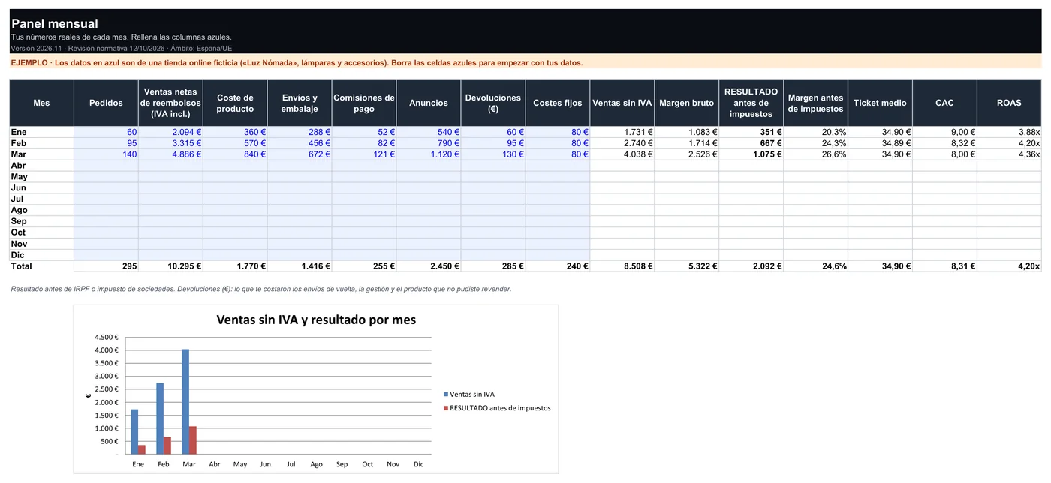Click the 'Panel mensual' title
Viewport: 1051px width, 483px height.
pos(54,23)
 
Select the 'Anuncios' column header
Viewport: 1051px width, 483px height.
pos(429,103)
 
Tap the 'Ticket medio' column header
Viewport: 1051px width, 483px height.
pos(880,103)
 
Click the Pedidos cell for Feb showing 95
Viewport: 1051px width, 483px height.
pos(131,143)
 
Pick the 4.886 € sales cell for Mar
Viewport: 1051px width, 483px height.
pos(186,154)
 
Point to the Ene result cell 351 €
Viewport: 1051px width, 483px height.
pos(771,132)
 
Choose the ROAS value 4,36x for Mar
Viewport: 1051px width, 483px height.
pos(1029,154)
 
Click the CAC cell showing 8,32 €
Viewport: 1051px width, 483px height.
pos(963,143)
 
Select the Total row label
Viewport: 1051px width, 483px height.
pos(22,266)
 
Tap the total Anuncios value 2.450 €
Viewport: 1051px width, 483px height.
pos(444,266)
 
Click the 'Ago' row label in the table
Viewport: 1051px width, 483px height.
pos(20,210)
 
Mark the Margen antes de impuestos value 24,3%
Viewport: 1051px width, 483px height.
pos(834,143)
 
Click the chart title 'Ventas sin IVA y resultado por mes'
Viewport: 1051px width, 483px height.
pos(316,319)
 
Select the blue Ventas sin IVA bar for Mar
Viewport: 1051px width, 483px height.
pos(185,401)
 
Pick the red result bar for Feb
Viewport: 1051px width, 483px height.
pos(167,445)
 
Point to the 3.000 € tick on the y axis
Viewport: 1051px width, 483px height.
pos(107,376)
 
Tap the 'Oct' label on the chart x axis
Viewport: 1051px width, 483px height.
pos(367,464)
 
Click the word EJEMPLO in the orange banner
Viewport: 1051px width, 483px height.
pos(29,62)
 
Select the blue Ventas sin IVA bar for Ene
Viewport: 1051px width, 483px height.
pos(134,431)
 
